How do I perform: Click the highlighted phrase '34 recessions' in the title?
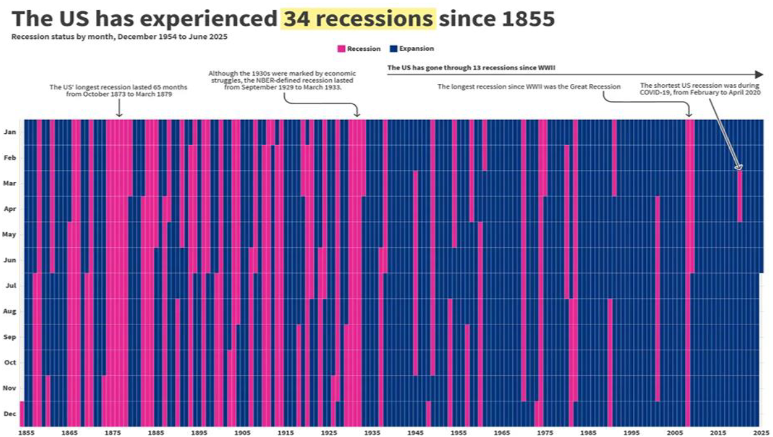point(358,19)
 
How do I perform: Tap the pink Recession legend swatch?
point(341,48)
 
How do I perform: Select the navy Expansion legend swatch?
point(393,48)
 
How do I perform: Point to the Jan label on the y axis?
point(10,132)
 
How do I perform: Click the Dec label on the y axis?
point(10,414)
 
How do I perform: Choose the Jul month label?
point(10,286)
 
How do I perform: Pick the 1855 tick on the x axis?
point(26,433)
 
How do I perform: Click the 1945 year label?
point(414,433)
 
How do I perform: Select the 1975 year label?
point(544,433)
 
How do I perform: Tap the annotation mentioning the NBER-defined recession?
point(282,80)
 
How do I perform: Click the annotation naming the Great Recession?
point(529,87)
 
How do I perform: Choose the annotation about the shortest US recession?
point(700,89)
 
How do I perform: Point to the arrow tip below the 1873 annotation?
point(119,116)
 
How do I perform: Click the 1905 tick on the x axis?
point(243,433)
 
